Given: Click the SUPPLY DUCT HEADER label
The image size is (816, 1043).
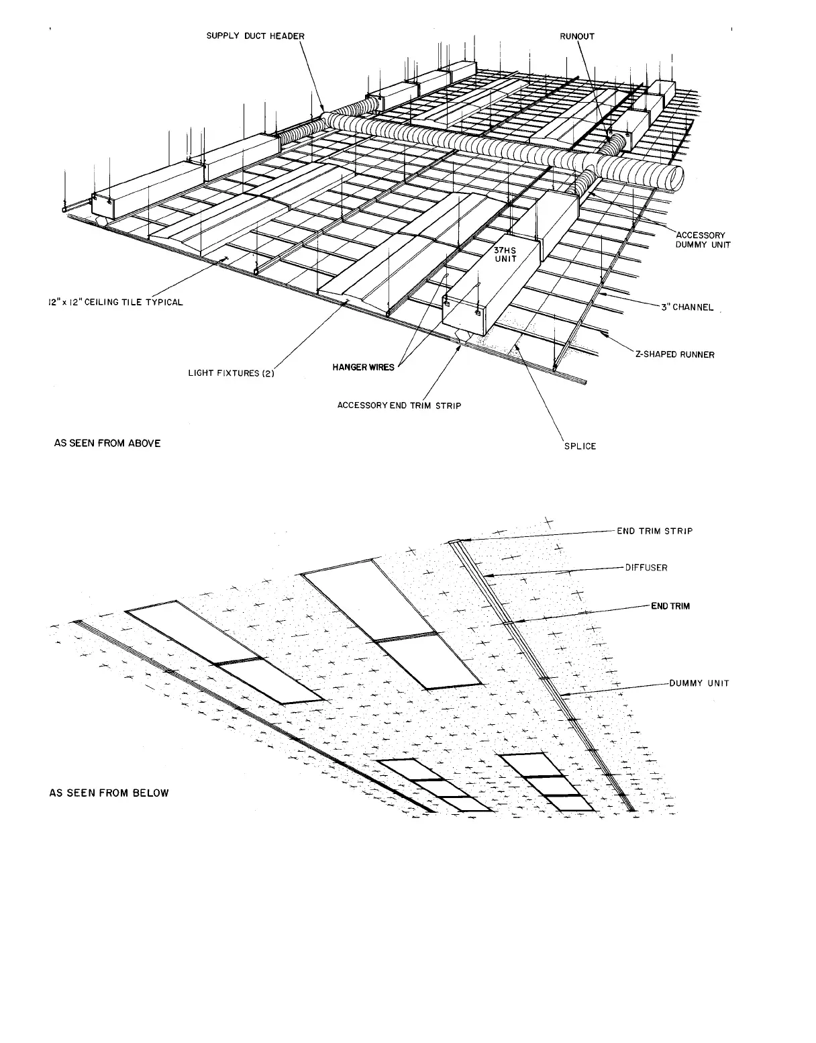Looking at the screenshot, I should point(255,36).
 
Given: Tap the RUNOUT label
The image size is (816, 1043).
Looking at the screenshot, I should point(577,36).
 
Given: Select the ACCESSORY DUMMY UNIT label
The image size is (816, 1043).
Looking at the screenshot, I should point(703,240).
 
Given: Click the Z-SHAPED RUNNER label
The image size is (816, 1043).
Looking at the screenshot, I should point(674,354).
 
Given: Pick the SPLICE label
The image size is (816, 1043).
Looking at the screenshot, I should point(580,446).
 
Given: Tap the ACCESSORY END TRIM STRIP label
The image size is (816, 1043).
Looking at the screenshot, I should point(399,405).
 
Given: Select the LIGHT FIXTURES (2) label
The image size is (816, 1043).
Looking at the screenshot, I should point(231,373).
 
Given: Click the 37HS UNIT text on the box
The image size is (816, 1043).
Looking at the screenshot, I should point(505,254).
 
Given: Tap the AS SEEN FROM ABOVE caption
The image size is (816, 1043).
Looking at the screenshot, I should point(107,443).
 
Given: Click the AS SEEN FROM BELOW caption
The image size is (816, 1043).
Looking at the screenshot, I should point(109,793).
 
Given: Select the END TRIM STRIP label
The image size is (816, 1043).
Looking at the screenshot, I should point(655,531).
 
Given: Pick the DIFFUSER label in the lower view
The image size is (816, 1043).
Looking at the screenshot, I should point(646,567).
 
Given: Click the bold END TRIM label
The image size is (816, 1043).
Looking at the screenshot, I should point(670,606).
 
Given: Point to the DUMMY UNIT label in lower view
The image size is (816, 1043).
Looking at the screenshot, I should point(699,684).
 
